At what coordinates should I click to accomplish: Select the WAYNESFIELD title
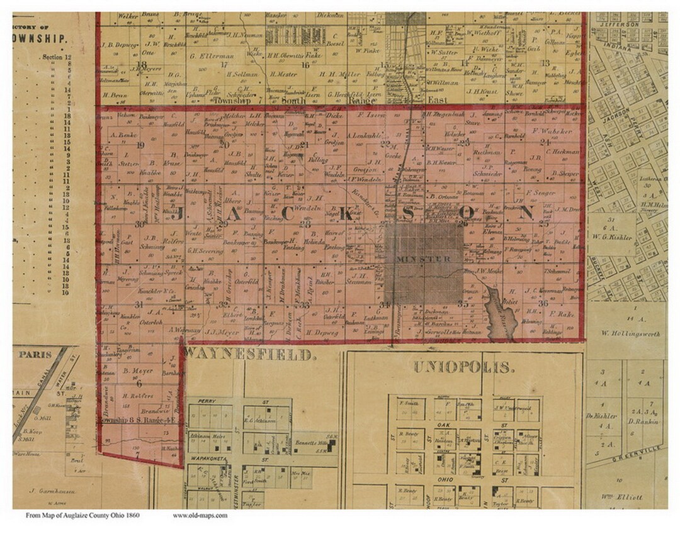pyautogui.click(x=249, y=355)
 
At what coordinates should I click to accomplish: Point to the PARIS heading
pyautogui.click(x=35, y=354)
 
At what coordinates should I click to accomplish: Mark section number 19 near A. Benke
pyautogui.click(x=140, y=145)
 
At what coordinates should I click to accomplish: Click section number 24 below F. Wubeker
pyautogui.click(x=544, y=142)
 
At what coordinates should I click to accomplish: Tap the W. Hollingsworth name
pyautogui.click(x=631, y=333)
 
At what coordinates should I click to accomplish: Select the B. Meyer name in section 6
pyautogui.click(x=134, y=370)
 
